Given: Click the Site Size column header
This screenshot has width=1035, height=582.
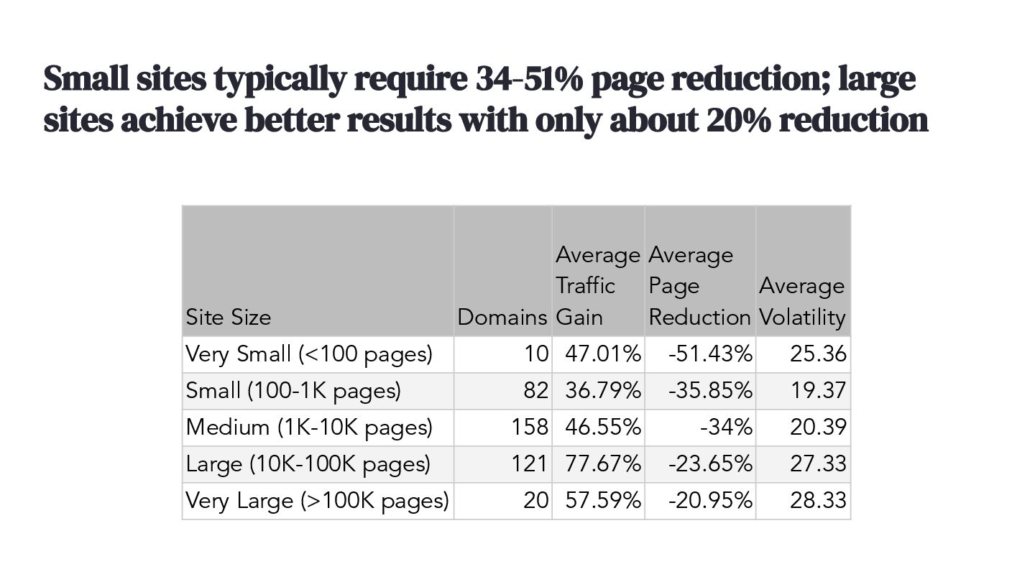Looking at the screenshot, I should pos(229,317).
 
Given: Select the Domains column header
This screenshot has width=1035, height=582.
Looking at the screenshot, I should pos(502,317).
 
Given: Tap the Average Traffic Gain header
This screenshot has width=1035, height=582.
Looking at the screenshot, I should pos(597,286).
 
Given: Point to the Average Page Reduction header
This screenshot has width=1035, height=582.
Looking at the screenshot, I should pos(699,286).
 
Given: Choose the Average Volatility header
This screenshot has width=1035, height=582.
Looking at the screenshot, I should pos(802,302).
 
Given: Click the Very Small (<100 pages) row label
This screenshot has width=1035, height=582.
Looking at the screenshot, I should pos(309,354).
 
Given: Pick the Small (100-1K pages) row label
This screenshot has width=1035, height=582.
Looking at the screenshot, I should pos(293,391).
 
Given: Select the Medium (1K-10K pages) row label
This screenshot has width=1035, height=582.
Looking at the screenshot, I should pos(309,428).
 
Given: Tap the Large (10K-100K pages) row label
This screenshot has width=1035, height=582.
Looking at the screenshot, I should pos(308,464).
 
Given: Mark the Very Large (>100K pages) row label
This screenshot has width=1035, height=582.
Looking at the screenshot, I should pos(317,501).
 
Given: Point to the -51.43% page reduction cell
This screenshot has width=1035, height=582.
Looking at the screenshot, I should pos(710,354).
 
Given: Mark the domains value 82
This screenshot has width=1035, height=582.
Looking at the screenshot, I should pos(535,391).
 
